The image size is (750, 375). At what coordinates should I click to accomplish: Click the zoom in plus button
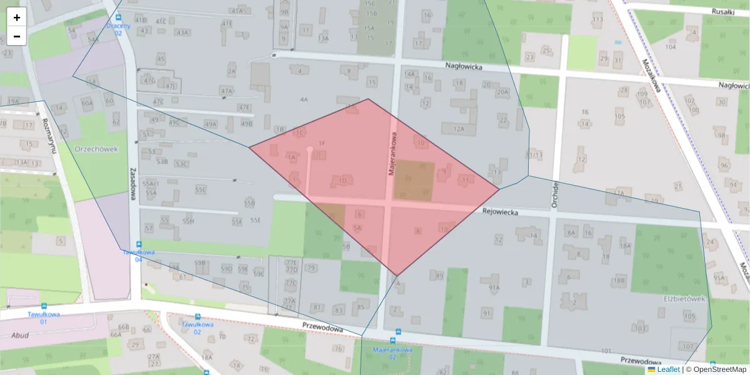coord(17,17)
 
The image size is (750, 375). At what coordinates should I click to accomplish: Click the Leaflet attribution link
coord(668,369)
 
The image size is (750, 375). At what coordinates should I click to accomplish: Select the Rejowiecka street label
coord(501,212)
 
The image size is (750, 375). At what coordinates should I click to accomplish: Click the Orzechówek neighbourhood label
coord(96,149)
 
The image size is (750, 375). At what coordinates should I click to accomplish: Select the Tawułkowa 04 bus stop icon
coord(139,244)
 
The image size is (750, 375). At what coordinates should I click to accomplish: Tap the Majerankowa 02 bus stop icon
coord(398,332)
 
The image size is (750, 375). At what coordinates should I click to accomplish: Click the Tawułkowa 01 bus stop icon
coord(44,306)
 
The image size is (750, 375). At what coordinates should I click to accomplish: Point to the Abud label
coord(20,335)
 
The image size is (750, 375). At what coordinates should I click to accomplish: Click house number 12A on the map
coord(459,129)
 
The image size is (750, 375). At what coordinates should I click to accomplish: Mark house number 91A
coord(494,287)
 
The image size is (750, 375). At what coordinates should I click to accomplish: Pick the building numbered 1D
coord(342,181)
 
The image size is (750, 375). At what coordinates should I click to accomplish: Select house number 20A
coord(502,92)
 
